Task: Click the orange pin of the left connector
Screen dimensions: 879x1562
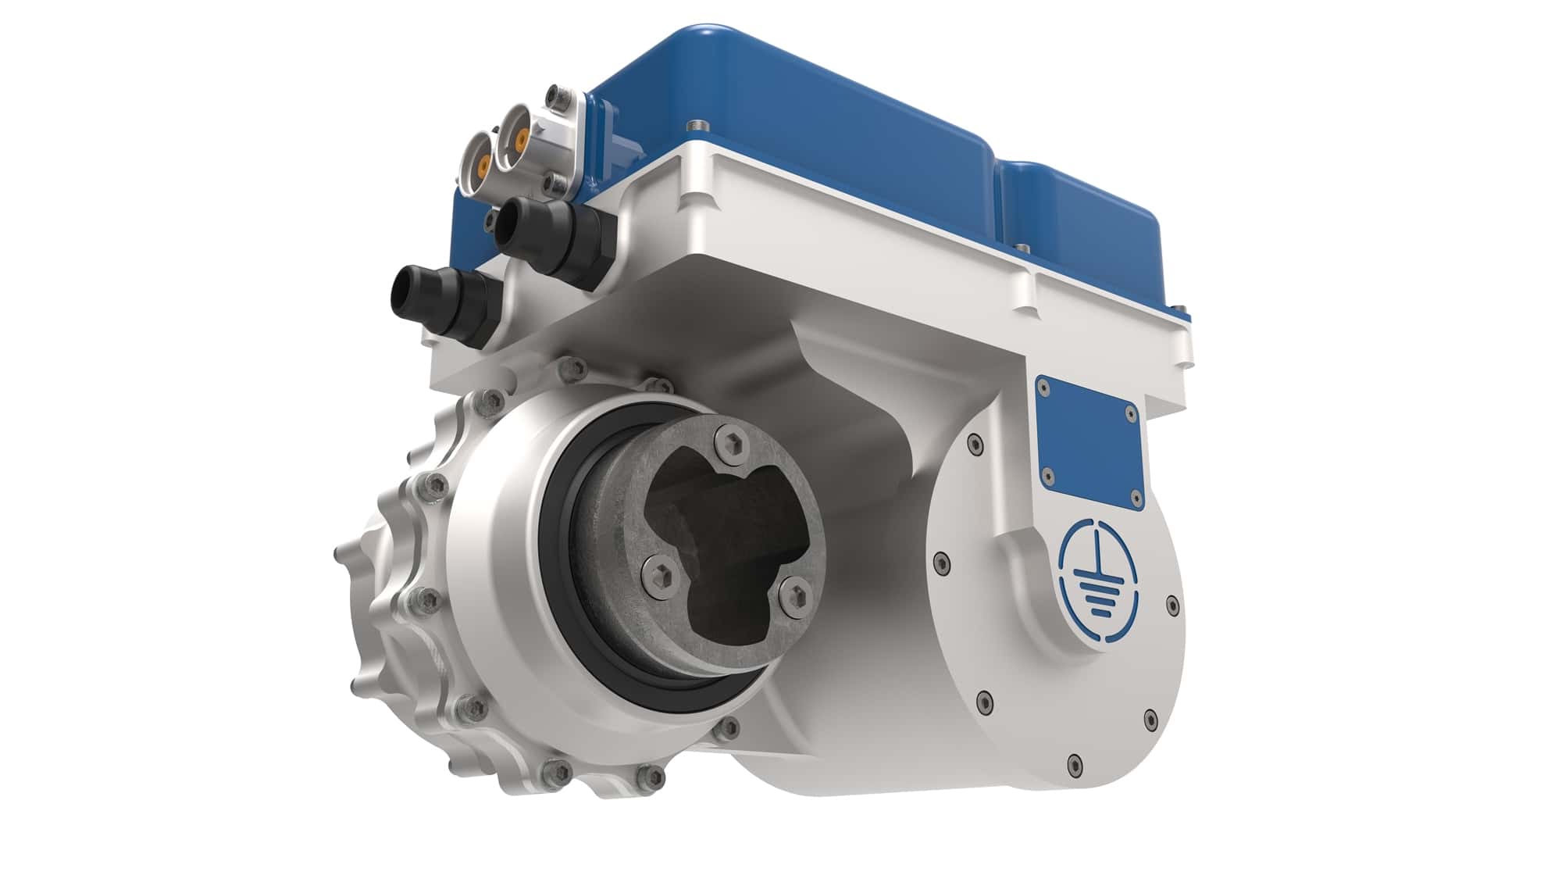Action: (483, 165)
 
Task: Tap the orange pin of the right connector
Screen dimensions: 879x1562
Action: (520, 141)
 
